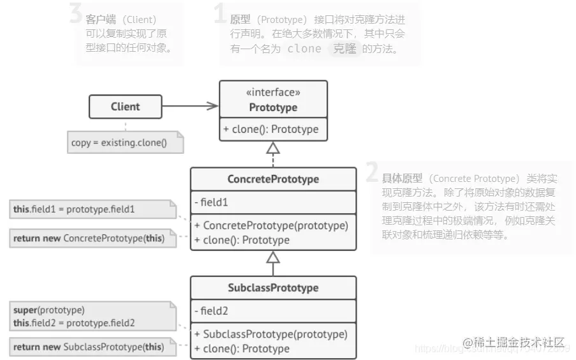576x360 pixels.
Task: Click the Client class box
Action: coord(125,107)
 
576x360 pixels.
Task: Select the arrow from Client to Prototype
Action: coord(190,107)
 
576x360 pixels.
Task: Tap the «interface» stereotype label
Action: coord(273,93)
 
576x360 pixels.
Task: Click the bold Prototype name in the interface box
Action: coord(273,107)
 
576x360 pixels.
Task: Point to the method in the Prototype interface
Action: coord(271,129)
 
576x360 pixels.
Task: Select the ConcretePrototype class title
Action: coord(273,179)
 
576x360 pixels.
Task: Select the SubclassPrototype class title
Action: coord(273,287)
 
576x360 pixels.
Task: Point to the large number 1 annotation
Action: coord(220,14)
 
